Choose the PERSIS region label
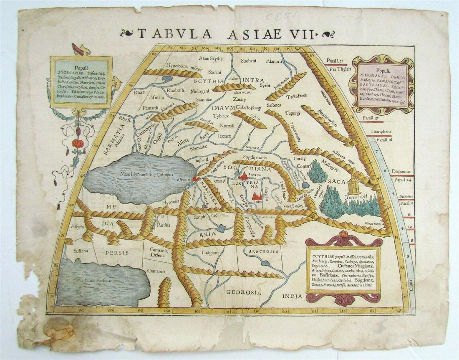point(116,253)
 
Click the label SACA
point(334,182)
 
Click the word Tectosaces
point(297,96)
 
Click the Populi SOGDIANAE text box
point(81,81)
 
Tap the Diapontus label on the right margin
point(402,171)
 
